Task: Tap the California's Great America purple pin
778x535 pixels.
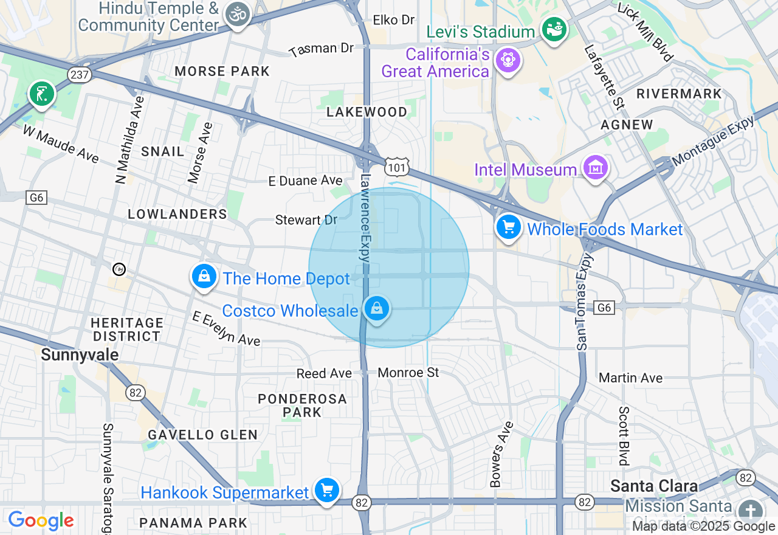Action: click(x=508, y=61)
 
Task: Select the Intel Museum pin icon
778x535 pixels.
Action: click(x=595, y=167)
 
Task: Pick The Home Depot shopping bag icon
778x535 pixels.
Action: click(x=205, y=277)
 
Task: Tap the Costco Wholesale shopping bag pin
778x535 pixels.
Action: click(x=377, y=309)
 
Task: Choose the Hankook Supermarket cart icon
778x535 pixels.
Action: click(x=327, y=490)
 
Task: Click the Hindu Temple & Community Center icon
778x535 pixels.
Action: click(x=238, y=15)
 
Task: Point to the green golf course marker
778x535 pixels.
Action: click(x=41, y=94)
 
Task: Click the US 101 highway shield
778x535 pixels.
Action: click(x=396, y=166)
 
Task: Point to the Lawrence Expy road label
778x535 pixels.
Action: click(x=365, y=218)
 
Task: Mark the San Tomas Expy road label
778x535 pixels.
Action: click(x=582, y=301)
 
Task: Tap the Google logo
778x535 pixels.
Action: click(x=41, y=520)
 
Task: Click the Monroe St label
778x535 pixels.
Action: click(x=408, y=372)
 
